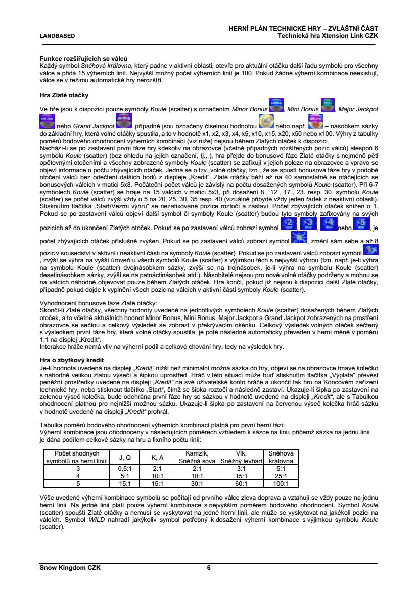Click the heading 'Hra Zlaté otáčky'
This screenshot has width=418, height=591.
[x=61, y=95]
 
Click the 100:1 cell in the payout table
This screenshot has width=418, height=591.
[x=281, y=483]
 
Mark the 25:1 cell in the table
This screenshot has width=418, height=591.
[x=281, y=476]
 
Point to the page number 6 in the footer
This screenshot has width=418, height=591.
[x=209, y=568]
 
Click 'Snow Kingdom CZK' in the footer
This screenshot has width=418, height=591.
[x=70, y=568]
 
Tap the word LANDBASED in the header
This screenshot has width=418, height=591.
[x=58, y=36]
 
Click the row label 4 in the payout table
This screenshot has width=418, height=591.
[x=78, y=476]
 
